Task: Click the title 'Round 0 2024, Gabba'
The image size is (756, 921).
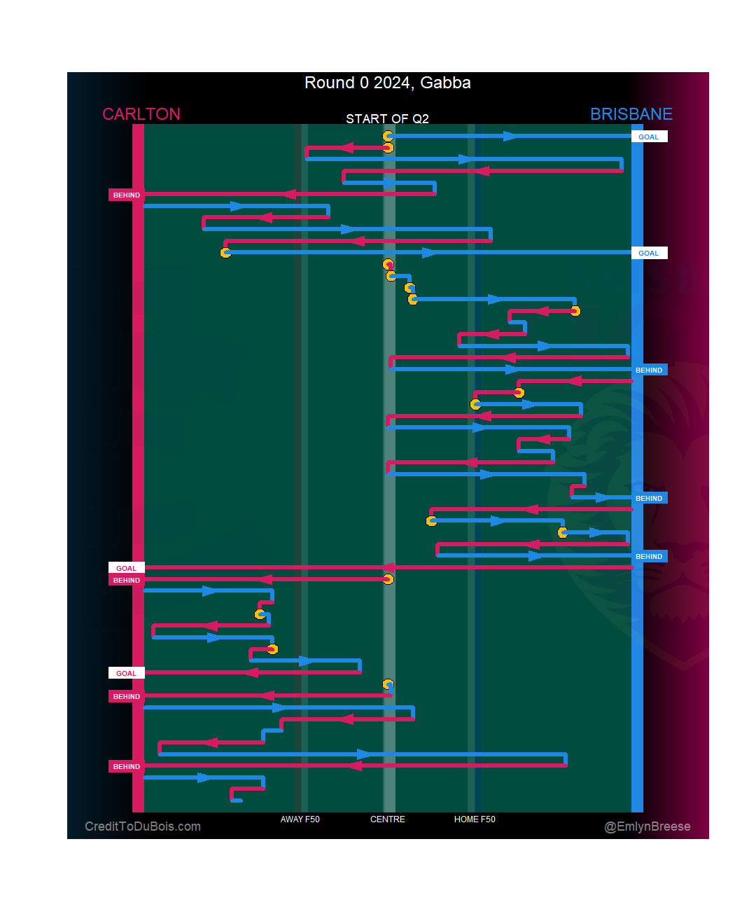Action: [387, 83]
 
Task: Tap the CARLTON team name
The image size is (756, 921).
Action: [141, 114]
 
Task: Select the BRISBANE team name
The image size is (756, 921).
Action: [631, 114]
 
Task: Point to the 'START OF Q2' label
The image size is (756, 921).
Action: [387, 118]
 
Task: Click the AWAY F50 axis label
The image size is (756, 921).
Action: [300, 819]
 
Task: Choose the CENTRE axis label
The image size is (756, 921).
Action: [387, 819]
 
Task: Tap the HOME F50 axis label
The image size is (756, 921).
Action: [475, 819]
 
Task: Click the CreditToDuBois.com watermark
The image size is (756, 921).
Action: [143, 826]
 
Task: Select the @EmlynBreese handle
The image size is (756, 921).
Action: [647, 826]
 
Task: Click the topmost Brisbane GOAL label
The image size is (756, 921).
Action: [649, 137]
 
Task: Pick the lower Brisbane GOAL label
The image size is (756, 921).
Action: [649, 254]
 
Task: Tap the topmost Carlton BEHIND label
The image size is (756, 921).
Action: [127, 195]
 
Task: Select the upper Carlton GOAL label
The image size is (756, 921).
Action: [127, 568]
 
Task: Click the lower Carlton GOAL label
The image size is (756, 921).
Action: [127, 673]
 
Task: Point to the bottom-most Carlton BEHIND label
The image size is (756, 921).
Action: [127, 767]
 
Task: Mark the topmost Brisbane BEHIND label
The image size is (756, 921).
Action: [649, 370]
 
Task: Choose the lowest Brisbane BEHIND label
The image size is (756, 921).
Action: [649, 557]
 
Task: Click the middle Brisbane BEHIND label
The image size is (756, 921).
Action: [649, 499]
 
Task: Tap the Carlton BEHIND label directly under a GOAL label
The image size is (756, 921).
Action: [127, 581]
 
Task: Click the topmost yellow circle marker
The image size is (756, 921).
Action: [388, 136]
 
